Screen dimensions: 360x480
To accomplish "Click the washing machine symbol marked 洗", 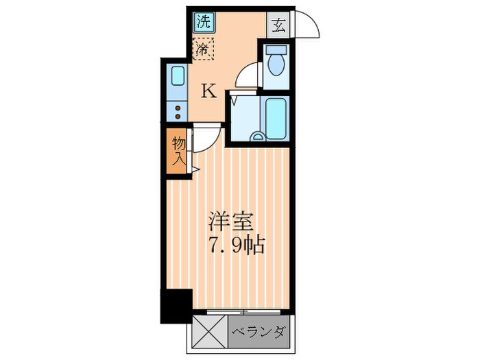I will click(x=202, y=21).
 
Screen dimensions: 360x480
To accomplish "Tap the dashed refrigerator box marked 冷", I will click(x=203, y=49).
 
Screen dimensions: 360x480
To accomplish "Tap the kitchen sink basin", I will click(x=176, y=75).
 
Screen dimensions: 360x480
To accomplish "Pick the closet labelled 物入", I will click(x=178, y=152).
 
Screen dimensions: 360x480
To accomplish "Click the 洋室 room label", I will click(x=232, y=223).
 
